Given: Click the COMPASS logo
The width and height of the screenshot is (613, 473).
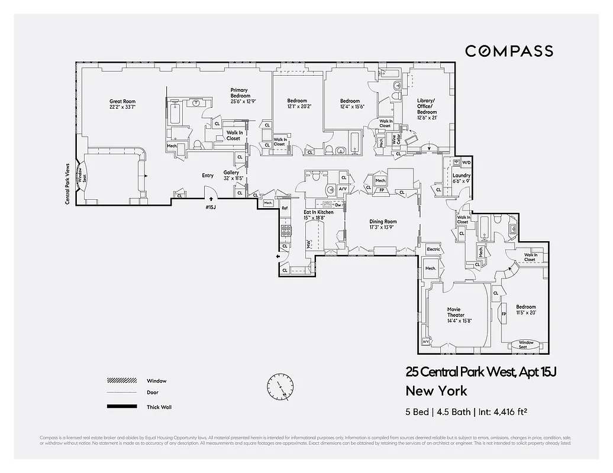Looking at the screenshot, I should (x=509, y=51).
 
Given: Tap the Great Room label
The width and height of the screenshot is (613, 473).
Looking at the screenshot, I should (x=122, y=104).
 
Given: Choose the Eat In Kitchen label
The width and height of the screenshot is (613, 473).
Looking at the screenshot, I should (x=318, y=215).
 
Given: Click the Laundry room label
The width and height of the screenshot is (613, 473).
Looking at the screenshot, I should (x=461, y=179).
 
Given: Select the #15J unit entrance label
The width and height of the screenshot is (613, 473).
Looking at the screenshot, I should (x=211, y=208).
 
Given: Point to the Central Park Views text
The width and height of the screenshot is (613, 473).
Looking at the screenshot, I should (x=67, y=184).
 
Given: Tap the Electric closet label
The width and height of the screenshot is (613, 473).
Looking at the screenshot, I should (x=434, y=250).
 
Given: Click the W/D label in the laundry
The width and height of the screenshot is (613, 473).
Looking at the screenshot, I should (x=466, y=162).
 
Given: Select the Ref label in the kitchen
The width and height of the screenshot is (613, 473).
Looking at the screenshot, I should (x=285, y=208).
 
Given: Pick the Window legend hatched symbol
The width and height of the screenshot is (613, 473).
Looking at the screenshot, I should (x=121, y=381).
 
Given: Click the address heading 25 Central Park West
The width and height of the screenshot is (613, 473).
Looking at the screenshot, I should (x=482, y=372).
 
